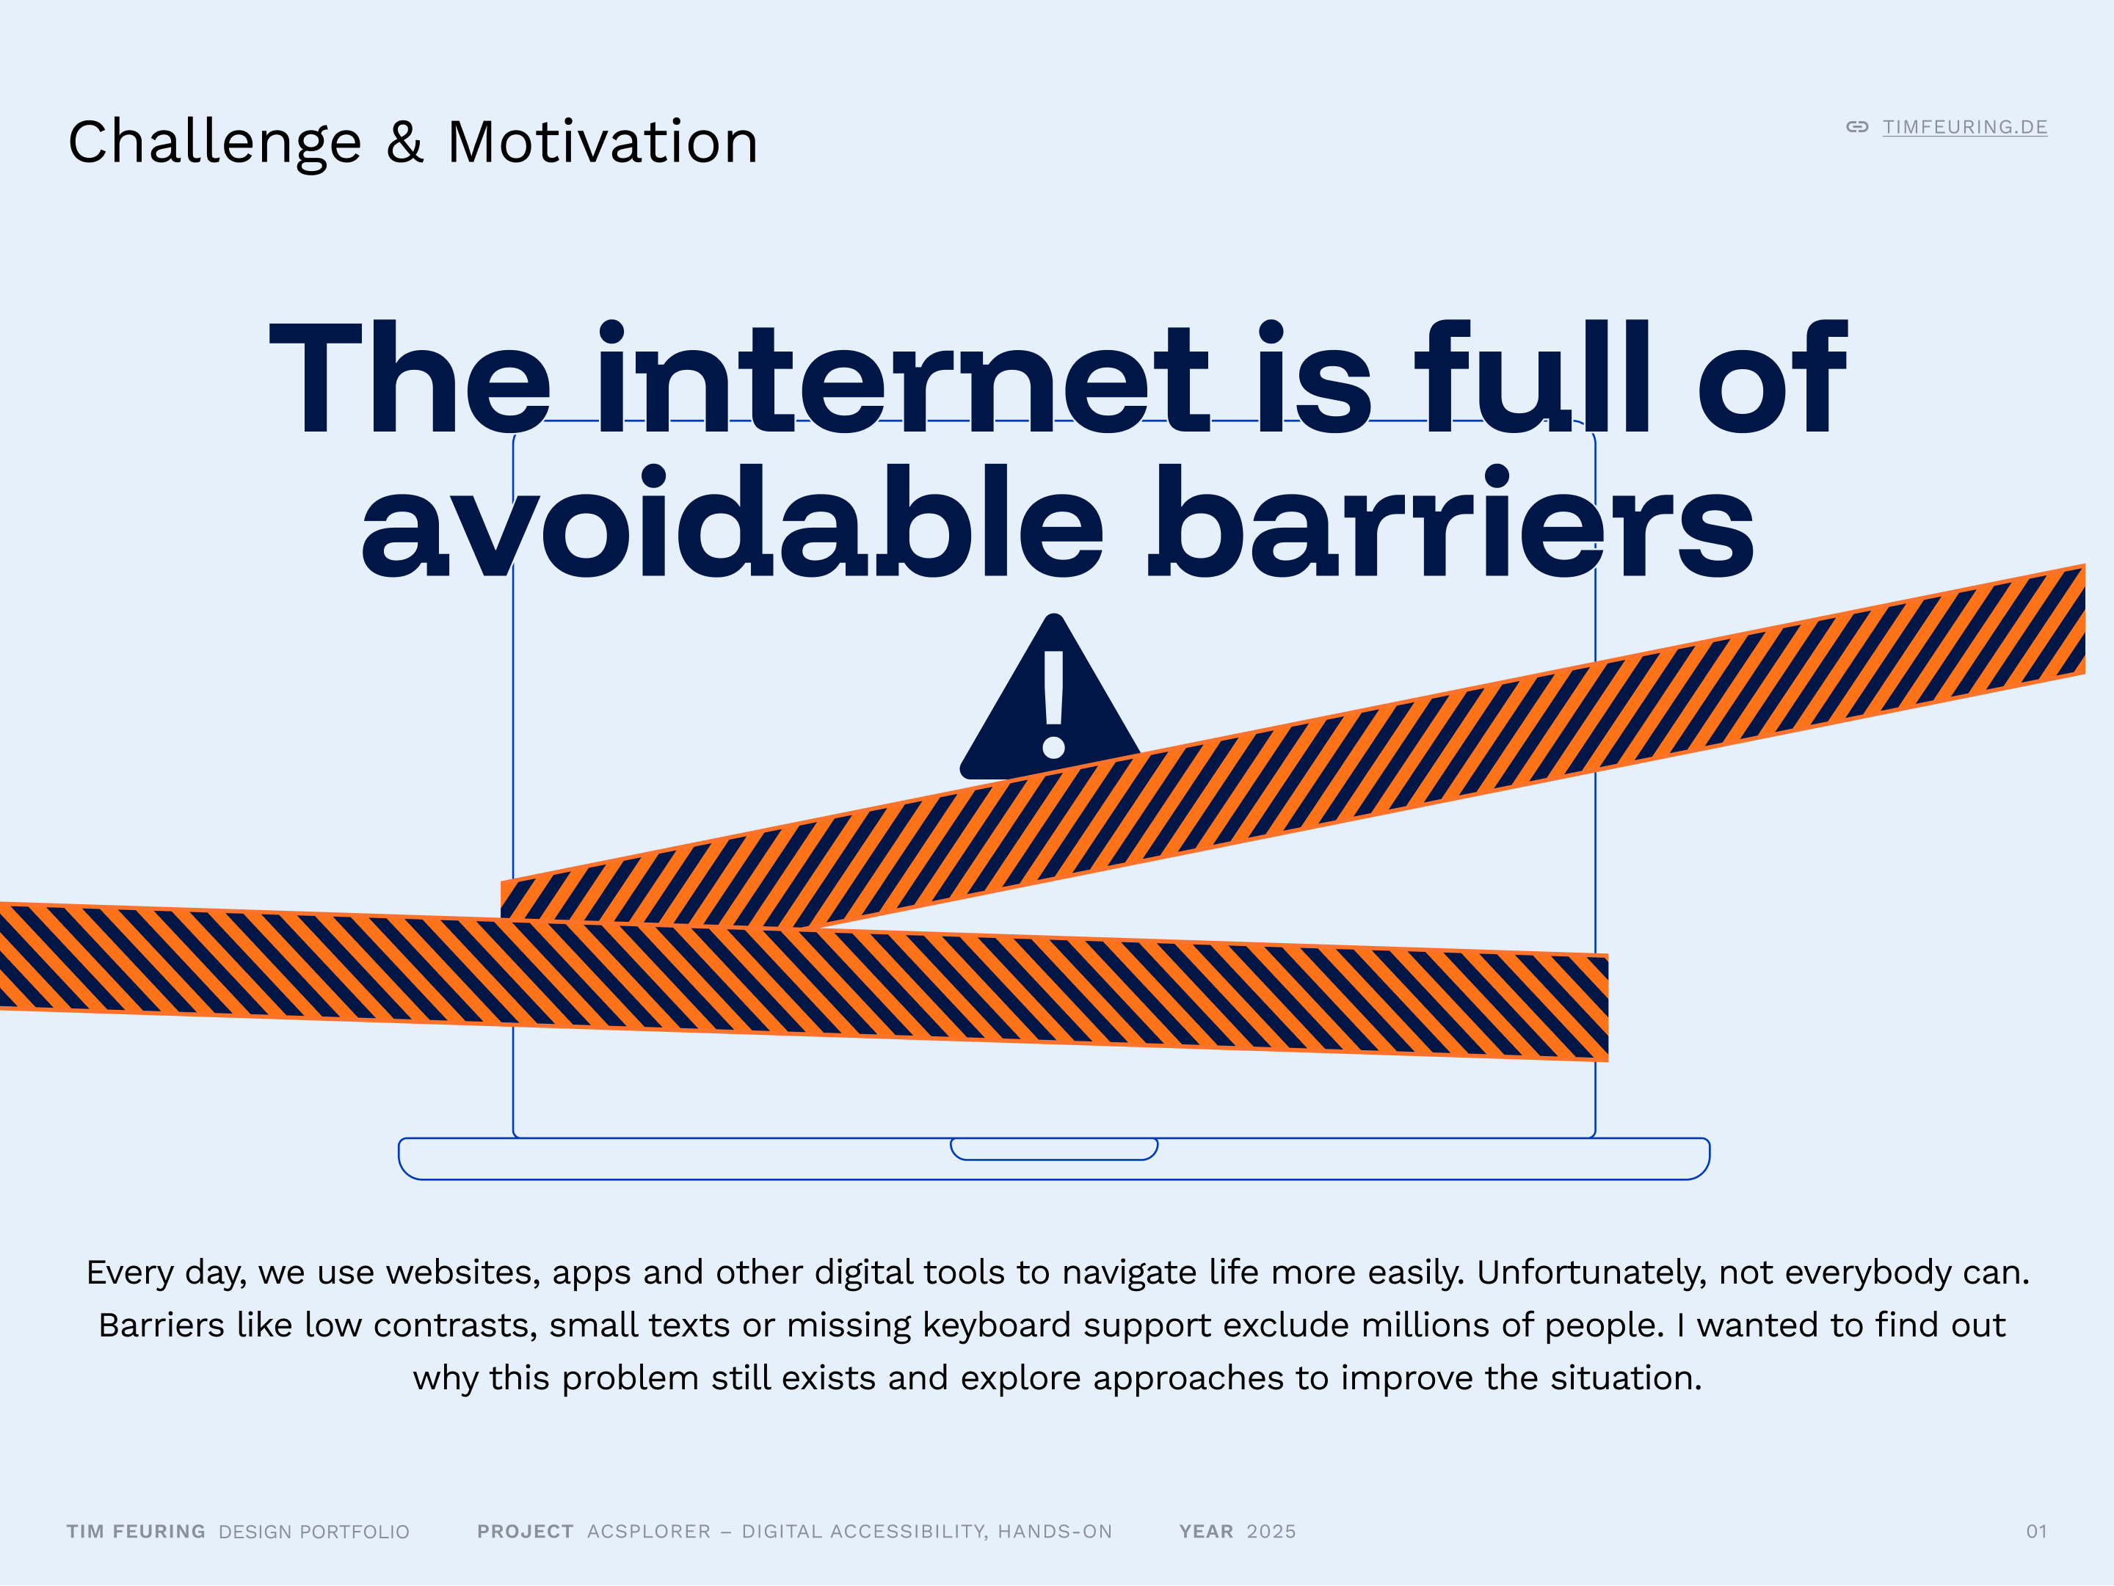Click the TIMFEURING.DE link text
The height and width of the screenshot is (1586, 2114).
(1964, 127)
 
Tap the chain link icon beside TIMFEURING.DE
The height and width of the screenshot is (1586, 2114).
(1857, 127)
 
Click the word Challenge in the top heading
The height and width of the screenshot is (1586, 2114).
(215, 143)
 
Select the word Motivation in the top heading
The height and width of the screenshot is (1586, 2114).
(603, 142)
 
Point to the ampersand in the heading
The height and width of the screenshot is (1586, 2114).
(405, 142)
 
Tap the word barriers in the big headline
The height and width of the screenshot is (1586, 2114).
(1450, 522)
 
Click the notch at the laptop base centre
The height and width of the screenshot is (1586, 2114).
(1054, 1149)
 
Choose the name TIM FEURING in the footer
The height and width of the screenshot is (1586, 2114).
(136, 1532)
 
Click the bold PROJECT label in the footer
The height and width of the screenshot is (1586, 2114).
(526, 1532)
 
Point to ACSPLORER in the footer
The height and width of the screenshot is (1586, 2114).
(649, 1532)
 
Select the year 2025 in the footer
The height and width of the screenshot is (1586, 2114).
(1271, 1532)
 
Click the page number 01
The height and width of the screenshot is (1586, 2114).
(2037, 1532)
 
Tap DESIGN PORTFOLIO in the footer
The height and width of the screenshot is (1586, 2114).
(313, 1532)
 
